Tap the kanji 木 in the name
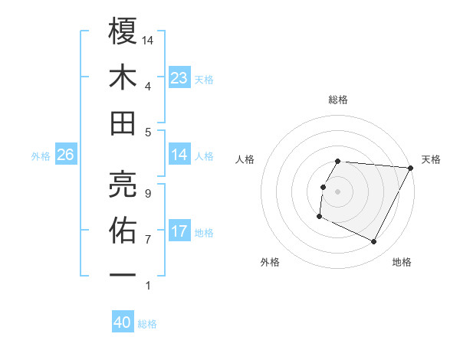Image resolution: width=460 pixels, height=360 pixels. (123, 77)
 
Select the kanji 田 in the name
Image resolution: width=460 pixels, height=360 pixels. (123, 123)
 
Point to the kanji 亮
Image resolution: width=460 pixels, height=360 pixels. (123, 182)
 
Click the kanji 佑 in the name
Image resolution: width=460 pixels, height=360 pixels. (123, 228)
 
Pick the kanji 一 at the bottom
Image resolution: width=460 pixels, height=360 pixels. (123, 274)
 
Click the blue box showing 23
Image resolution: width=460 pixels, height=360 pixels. (179, 78)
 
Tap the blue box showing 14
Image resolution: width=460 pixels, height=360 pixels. (179, 155)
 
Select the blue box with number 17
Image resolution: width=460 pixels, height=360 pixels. (179, 231)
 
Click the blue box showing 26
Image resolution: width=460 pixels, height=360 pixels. (66, 155)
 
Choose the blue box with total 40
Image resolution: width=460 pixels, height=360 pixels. (123, 322)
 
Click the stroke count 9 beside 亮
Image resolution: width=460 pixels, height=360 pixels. (147, 193)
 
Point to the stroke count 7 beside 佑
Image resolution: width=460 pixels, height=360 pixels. (147, 239)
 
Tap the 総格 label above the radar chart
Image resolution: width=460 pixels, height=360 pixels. (338, 100)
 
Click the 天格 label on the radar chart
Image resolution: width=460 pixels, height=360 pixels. (431, 159)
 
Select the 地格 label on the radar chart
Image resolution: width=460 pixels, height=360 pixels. (402, 262)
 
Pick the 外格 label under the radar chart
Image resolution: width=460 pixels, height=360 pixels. (270, 262)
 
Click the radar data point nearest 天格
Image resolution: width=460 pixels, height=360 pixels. (411, 168)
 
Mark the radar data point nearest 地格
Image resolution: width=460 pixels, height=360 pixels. (374, 242)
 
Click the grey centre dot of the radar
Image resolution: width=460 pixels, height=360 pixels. (338, 191)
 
